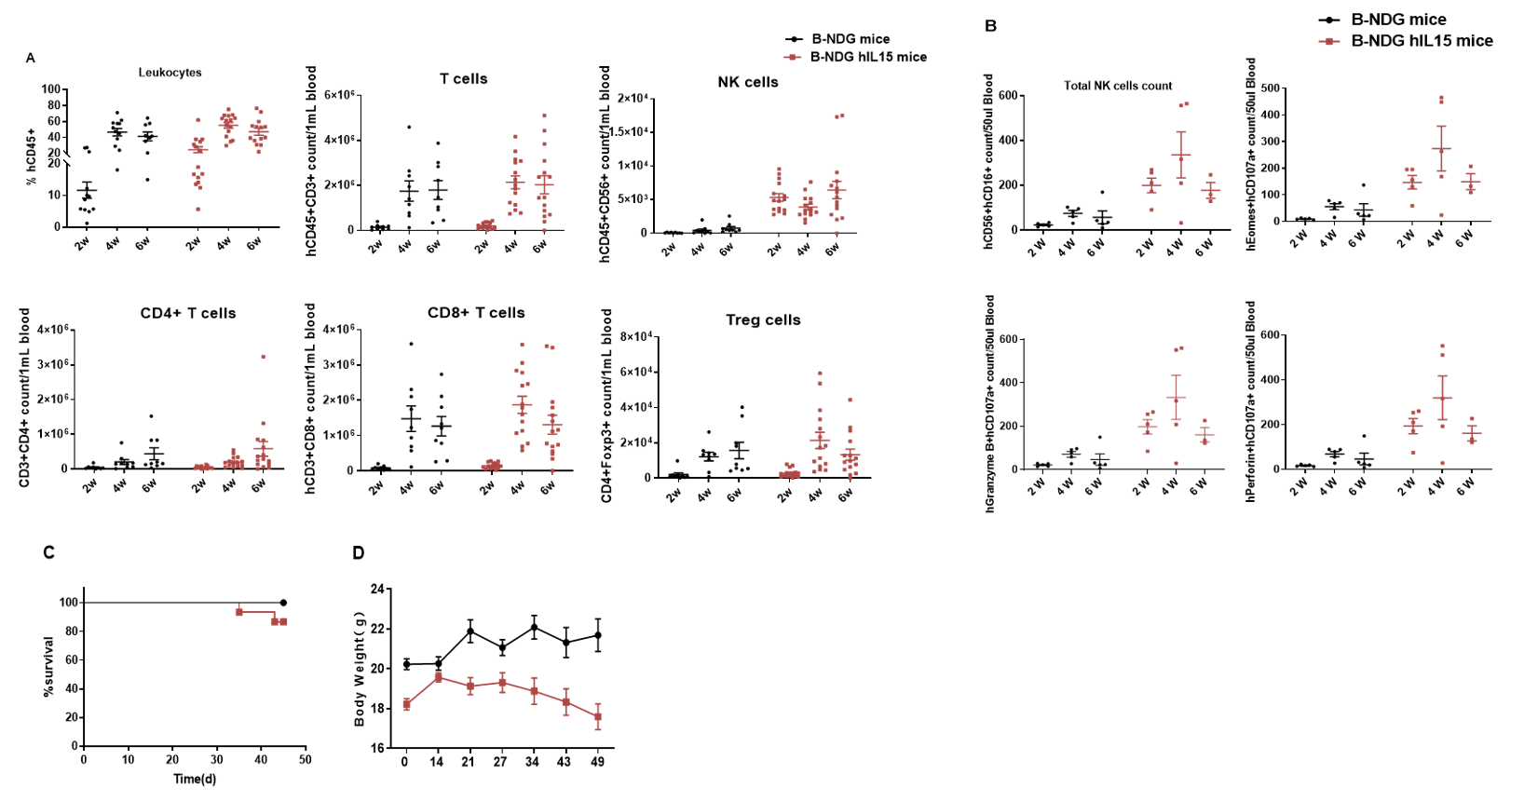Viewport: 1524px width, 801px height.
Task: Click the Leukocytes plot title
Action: click(x=170, y=73)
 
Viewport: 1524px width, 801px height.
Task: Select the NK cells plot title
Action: click(x=748, y=82)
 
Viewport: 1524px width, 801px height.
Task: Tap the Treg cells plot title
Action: click(x=763, y=319)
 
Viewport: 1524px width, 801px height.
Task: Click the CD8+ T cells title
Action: click(x=476, y=313)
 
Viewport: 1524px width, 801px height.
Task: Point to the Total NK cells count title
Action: click(x=1118, y=86)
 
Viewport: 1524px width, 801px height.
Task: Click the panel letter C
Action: click(x=49, y=552)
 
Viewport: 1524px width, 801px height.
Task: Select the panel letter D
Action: click(x=359, y=552)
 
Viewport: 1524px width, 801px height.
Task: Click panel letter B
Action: click(x=990, y=25)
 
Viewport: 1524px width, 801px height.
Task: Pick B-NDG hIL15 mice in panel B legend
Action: click(x=1422, y=41)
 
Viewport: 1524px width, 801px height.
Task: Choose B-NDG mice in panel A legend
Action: click(x=850, y=39)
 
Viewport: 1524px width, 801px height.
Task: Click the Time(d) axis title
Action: click(x=195, y=779)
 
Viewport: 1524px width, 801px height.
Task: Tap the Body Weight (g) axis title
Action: click(x=360, y=669)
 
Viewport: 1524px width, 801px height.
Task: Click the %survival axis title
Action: click(x=49, y=667)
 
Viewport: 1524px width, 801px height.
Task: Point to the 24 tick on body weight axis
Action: click(x=376, y=590)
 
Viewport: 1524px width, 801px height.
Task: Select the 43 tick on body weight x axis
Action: click(x=565, y=762)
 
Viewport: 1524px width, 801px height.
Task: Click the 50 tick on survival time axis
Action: click(x=305, y=759)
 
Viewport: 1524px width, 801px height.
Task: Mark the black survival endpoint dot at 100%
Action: click(x=283, y=603)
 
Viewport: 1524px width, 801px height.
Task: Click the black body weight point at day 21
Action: click(x=470, y=631)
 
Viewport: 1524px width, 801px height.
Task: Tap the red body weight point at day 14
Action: click(x=438, y=677)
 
